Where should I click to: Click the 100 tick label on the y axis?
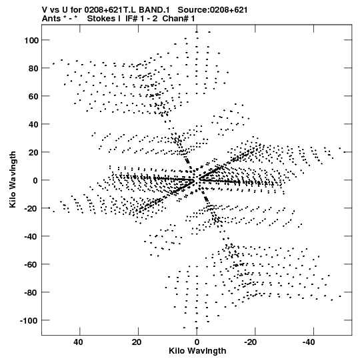point(31,41)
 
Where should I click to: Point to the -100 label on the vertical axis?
point(29,321)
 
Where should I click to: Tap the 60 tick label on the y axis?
point(33,97)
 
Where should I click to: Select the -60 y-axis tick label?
point(31,265)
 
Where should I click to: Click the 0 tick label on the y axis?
point(35,181)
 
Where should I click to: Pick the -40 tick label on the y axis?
point(31,237)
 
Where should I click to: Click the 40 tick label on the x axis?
point(78,342)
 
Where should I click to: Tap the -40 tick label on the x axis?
point(309,342)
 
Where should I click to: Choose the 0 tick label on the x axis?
point(197,342)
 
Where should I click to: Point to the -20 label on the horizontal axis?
point(251,342)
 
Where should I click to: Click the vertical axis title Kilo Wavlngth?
point(13,179)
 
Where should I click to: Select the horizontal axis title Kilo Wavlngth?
point(197,351)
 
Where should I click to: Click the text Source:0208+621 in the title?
point(213,10)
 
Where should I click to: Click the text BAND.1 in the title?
point(154,10)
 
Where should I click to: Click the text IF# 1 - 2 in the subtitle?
point(141,19)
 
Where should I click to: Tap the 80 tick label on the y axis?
point(33,69)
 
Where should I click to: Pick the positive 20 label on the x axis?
point(137,342)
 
